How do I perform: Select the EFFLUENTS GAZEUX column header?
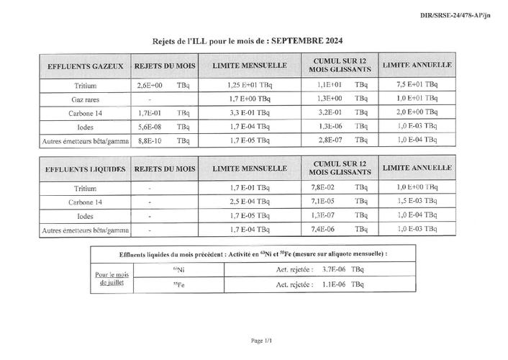point(85,66)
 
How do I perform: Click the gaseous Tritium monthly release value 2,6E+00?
point(150,85)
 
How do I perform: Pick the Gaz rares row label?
point(85,99)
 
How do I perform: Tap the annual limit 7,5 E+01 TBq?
point(417,84)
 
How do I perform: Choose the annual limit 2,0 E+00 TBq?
point(417,112)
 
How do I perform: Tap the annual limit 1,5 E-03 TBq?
point(417,202)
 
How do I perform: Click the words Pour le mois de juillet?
point(111,279)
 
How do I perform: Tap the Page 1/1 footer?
point(260,340)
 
